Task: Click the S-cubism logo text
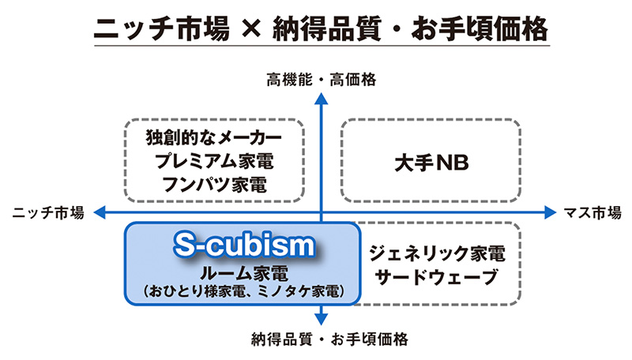[243, 246]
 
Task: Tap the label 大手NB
[431, 162]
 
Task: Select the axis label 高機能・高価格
[322, 79]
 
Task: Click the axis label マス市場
[592, 212]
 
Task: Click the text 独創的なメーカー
[214, 136]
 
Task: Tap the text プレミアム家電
[214, 161]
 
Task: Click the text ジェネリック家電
[436, 254]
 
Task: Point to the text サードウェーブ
[436, 278]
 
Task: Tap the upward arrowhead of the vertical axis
[322, 97]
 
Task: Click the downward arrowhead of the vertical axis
[322, 319]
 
